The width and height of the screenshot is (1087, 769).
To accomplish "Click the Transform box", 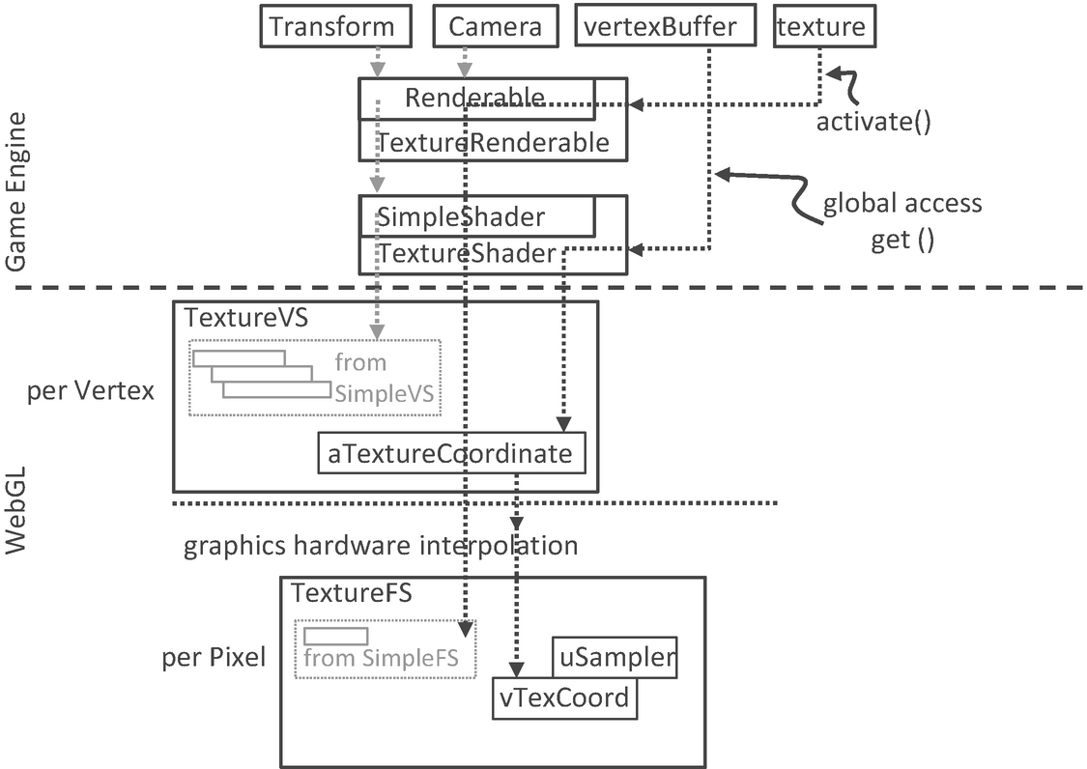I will pos(331,26).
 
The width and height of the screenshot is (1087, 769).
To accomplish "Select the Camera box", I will pos(495,26).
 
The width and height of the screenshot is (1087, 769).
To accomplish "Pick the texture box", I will pos(820,26).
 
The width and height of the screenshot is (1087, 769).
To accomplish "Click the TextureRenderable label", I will pos(493,143).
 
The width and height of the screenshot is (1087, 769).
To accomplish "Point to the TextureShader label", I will pos(467,254).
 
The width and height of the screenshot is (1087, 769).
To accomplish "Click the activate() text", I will pos(873,122).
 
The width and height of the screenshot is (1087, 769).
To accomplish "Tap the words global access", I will pos(901,204).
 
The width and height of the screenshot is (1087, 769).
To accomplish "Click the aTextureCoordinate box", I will pos(451,453).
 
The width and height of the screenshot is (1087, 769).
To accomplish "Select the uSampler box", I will pos(615,658).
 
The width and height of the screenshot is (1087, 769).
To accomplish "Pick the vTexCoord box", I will pos(564,698).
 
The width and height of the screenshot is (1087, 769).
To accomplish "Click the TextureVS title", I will pos(245,318).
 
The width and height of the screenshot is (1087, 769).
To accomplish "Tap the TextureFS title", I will pos(352,593).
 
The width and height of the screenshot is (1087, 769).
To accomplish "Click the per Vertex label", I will pos(92,393).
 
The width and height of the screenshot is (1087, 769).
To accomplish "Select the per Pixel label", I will pos(213,659).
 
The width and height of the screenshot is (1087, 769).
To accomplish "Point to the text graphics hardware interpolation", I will pos(381,546).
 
